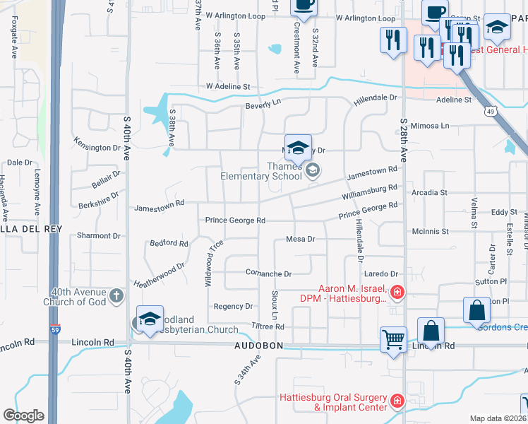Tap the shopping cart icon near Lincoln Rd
[393, 339]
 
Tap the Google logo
[23, 415]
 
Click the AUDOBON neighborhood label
[259, 346]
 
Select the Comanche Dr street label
[268, 273]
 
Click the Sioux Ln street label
[274, 302]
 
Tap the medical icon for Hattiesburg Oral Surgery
[397, 401]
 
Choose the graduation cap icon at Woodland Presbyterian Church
[150, 320]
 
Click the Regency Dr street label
[233, 306]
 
